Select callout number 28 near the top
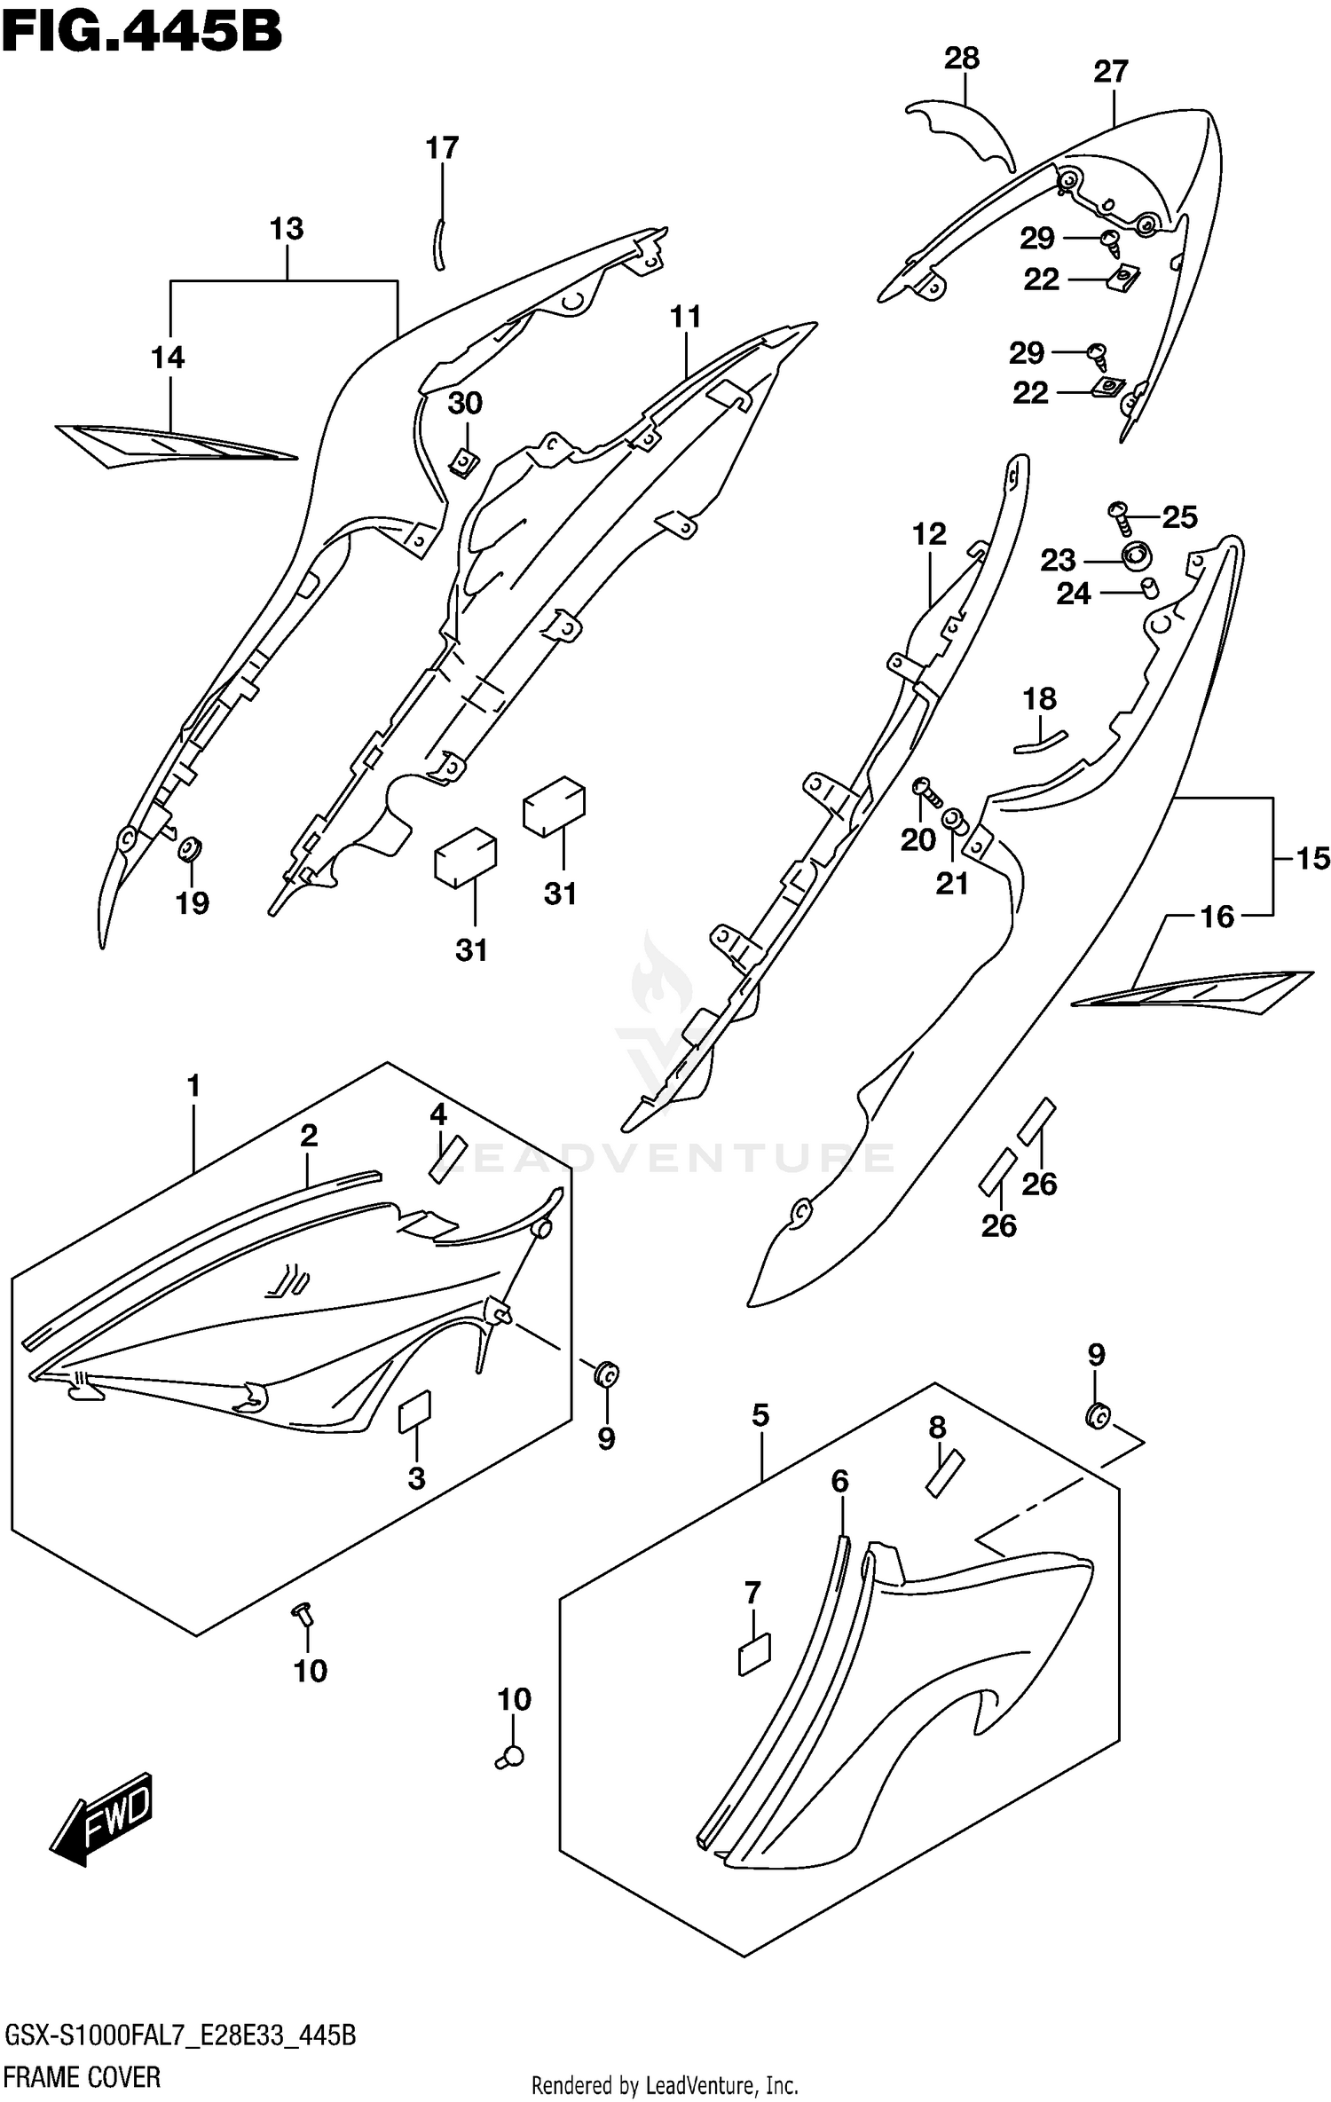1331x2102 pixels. (961, 59)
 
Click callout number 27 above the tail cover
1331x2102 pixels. (1110, 72)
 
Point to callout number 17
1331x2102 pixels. (442, 147)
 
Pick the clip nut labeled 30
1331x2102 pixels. (464, 461)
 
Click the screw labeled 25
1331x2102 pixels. (1122, 516)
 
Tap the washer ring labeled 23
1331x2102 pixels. (1136, 558)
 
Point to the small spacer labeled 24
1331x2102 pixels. (1150, 587)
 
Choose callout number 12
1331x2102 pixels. (929, 534)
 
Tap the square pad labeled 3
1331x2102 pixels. (414, 1412)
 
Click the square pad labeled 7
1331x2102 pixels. (754, 1655)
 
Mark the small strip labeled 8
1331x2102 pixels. (945, 1474)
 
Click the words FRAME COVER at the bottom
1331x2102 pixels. (82, 2076)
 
